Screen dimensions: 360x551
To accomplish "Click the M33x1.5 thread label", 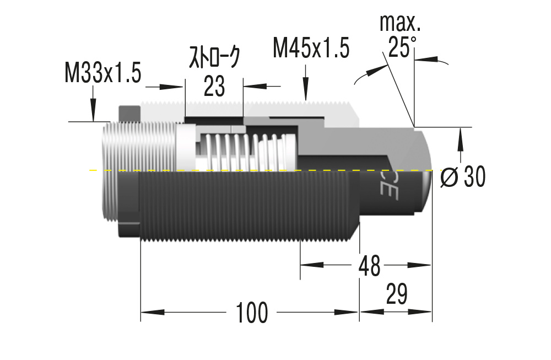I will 103,72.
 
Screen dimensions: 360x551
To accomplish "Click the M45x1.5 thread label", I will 311,49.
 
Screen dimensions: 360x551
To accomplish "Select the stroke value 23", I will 214,87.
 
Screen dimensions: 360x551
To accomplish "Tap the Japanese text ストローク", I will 215,57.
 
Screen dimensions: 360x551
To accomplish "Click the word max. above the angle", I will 400,23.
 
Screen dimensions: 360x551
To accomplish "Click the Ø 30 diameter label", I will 463,177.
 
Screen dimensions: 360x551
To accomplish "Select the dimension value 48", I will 369,266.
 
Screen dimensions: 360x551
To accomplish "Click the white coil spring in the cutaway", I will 242,152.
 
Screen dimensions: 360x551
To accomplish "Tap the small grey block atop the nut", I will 129,113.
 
